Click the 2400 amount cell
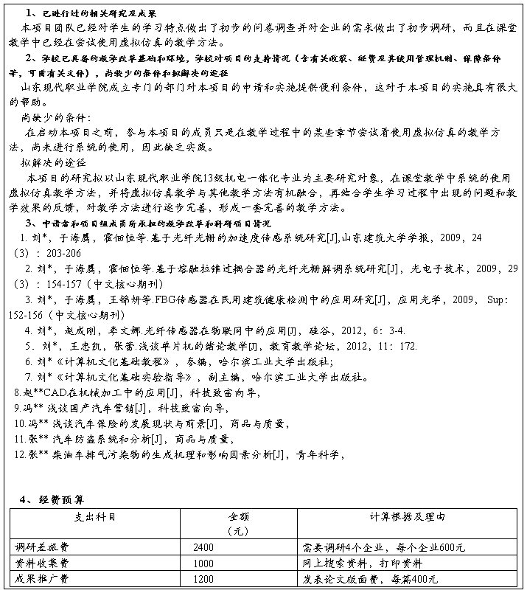tap(203, 548)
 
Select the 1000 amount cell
tap(203, 563)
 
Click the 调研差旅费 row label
tap(43, 548)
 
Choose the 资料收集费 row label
tap(43, 563)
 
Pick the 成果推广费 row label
tap(43, 579)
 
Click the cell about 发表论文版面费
tap(370, 579)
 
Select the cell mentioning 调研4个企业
tap(383, 548)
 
